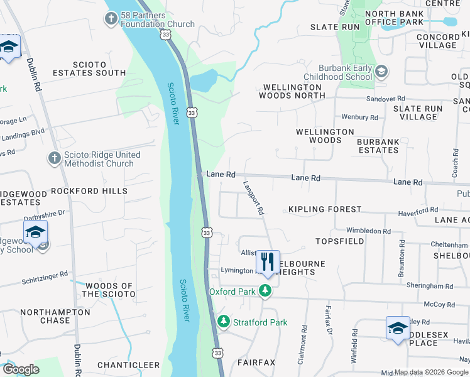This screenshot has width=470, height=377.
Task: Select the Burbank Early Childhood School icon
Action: coord(381,72)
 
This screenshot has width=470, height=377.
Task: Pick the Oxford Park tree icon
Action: coord(266,291)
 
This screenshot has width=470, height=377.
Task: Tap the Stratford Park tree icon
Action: coord(222,322)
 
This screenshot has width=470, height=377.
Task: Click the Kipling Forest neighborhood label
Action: coord(325,209)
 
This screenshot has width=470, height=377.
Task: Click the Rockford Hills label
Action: coord(89,190)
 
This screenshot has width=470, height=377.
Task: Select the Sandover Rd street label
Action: coord(386,99)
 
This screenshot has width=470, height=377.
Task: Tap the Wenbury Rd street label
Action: coord(359,117)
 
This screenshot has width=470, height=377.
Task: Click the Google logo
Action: coord(21,369)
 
